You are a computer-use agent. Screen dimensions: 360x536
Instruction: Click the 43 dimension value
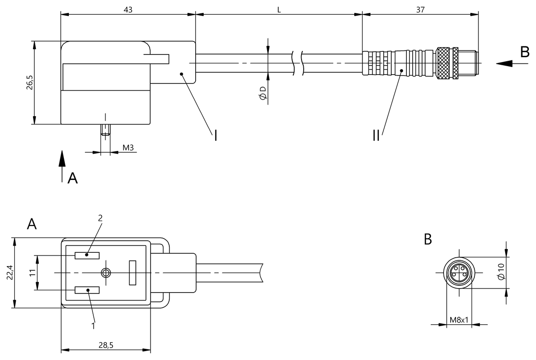(128, 9)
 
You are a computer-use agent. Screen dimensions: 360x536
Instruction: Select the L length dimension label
(279, 9)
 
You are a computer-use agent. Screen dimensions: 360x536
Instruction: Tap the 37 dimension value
(420, 9)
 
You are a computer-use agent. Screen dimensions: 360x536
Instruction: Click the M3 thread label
(128, 147)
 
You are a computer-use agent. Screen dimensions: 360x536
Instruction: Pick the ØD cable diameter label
(263, 93)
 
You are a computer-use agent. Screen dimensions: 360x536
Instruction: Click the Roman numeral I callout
(215, 135)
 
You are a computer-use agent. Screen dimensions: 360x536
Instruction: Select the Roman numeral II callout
(376, 135)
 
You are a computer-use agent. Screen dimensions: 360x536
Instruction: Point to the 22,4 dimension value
(10, 272)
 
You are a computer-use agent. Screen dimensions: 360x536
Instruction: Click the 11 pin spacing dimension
(32, 272)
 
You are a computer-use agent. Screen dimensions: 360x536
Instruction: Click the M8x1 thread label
(458, 320)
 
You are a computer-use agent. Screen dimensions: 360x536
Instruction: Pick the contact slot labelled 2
(87, 255)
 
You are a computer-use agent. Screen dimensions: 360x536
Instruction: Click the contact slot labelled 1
(87, 290)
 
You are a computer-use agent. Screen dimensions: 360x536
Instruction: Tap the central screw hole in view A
(106, 272)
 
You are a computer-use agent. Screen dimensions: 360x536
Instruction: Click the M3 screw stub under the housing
(105, 131)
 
